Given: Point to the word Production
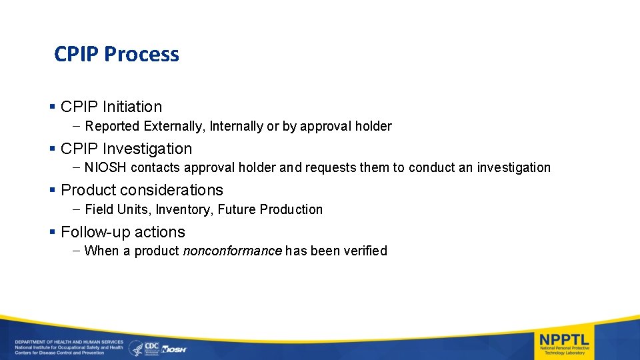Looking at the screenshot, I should pyautogui.click(x=291, y=209).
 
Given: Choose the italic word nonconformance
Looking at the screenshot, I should pyautogui.click(x=232, y=251).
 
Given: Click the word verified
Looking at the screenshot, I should pyautogui.click(x=364, y=251).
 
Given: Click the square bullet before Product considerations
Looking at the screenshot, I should pyautogui.click(x=53, y=190).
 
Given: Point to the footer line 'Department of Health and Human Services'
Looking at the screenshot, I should pyautogui.click(x=69, y=342).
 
